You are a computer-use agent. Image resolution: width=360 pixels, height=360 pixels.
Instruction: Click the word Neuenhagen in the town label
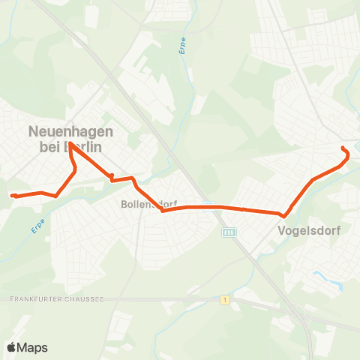(x=70, y=131)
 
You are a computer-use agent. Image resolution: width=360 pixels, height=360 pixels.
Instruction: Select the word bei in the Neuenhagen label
(x=49, y=147)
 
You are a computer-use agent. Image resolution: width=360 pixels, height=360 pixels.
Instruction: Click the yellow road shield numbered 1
(x=224, y=300)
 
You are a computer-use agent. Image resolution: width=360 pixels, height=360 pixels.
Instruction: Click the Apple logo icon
(x=12, y=347)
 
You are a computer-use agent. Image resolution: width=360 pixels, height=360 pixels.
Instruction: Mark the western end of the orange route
(x=13, y=196)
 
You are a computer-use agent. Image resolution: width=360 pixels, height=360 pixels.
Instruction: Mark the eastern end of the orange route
(x=343, y=147)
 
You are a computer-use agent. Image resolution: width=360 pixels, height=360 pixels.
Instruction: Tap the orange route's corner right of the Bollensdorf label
(x=163, y=211)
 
